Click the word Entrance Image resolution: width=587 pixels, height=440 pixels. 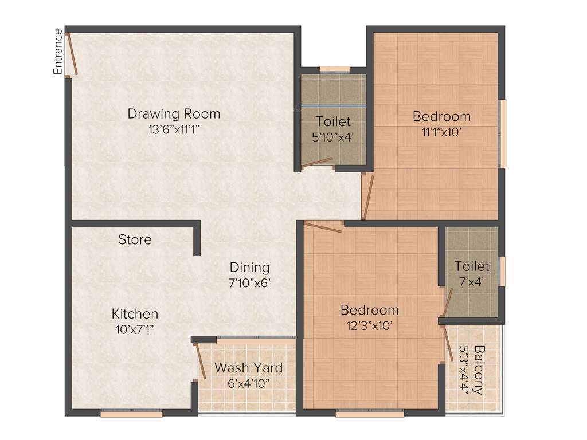click(x=58, y=52)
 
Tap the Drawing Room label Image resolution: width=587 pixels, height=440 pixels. click(x=174, y=113)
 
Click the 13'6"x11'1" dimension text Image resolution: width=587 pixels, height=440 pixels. click(x=174, y=129)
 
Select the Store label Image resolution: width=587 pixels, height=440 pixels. click(x=135, y=239)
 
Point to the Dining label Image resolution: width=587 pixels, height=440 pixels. click(x=249, y=267)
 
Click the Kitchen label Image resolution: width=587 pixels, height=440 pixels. click(x=135, y=313)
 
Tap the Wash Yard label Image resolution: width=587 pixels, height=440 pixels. click(x=248, y=367)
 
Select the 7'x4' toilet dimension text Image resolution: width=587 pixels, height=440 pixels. click(x=472, y=282)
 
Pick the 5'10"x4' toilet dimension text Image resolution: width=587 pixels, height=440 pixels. click(x=332, y=137)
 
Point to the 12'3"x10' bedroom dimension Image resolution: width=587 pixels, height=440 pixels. click(x=369, y=326)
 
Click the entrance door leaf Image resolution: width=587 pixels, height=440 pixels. click(x=72, y=54)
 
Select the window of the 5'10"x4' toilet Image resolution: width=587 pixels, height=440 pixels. click(x=334, y=70)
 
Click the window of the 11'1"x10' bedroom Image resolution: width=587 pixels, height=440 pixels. click(x=503, y=134)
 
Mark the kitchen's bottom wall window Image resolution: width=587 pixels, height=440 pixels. click(x=131, y=412)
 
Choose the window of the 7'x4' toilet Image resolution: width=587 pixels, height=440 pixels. click(x=503, y=271)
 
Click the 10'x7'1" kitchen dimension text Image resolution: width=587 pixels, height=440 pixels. click(x=135, y=329)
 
